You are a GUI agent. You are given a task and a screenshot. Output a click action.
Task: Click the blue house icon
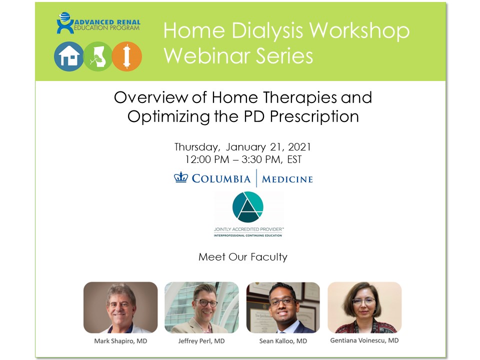[x=69, y=56]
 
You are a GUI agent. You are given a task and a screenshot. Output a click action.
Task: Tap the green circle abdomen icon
[x=98, y=56]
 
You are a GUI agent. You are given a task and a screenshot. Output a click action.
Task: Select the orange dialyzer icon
[x=126, y=56]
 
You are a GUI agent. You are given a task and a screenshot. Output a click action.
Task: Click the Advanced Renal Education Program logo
[x=98, y=23]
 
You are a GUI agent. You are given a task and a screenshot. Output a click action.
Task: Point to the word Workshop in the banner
[x=359, y=31]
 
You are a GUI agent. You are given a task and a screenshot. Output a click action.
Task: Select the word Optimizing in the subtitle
[x=168, y=116]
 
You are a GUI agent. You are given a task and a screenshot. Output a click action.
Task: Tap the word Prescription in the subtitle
[x=314, y=116]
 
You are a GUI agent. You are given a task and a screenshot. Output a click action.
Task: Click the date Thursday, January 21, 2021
[x=243, y=147]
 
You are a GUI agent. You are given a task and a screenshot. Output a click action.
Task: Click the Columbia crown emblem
[x=181, y=177]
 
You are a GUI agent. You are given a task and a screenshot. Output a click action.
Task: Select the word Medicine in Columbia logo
[x=287, y=179]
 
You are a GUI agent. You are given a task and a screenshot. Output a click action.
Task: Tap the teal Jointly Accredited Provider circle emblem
[x=247, y=207]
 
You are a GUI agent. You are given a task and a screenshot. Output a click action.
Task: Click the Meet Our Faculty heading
[x=243, y=257]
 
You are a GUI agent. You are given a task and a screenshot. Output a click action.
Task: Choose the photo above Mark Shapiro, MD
[x=120, y=307]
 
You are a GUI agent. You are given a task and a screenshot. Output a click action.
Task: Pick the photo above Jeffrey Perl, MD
[x=201, y=307]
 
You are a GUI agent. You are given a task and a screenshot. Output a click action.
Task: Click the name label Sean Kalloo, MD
[x=283, y=341]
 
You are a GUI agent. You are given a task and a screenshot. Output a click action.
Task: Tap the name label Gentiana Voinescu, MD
[x=364, y=340]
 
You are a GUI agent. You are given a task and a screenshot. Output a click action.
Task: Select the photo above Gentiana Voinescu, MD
[x=364, y=307]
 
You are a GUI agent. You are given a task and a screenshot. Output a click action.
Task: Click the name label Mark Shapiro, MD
[x=120, y=341]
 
